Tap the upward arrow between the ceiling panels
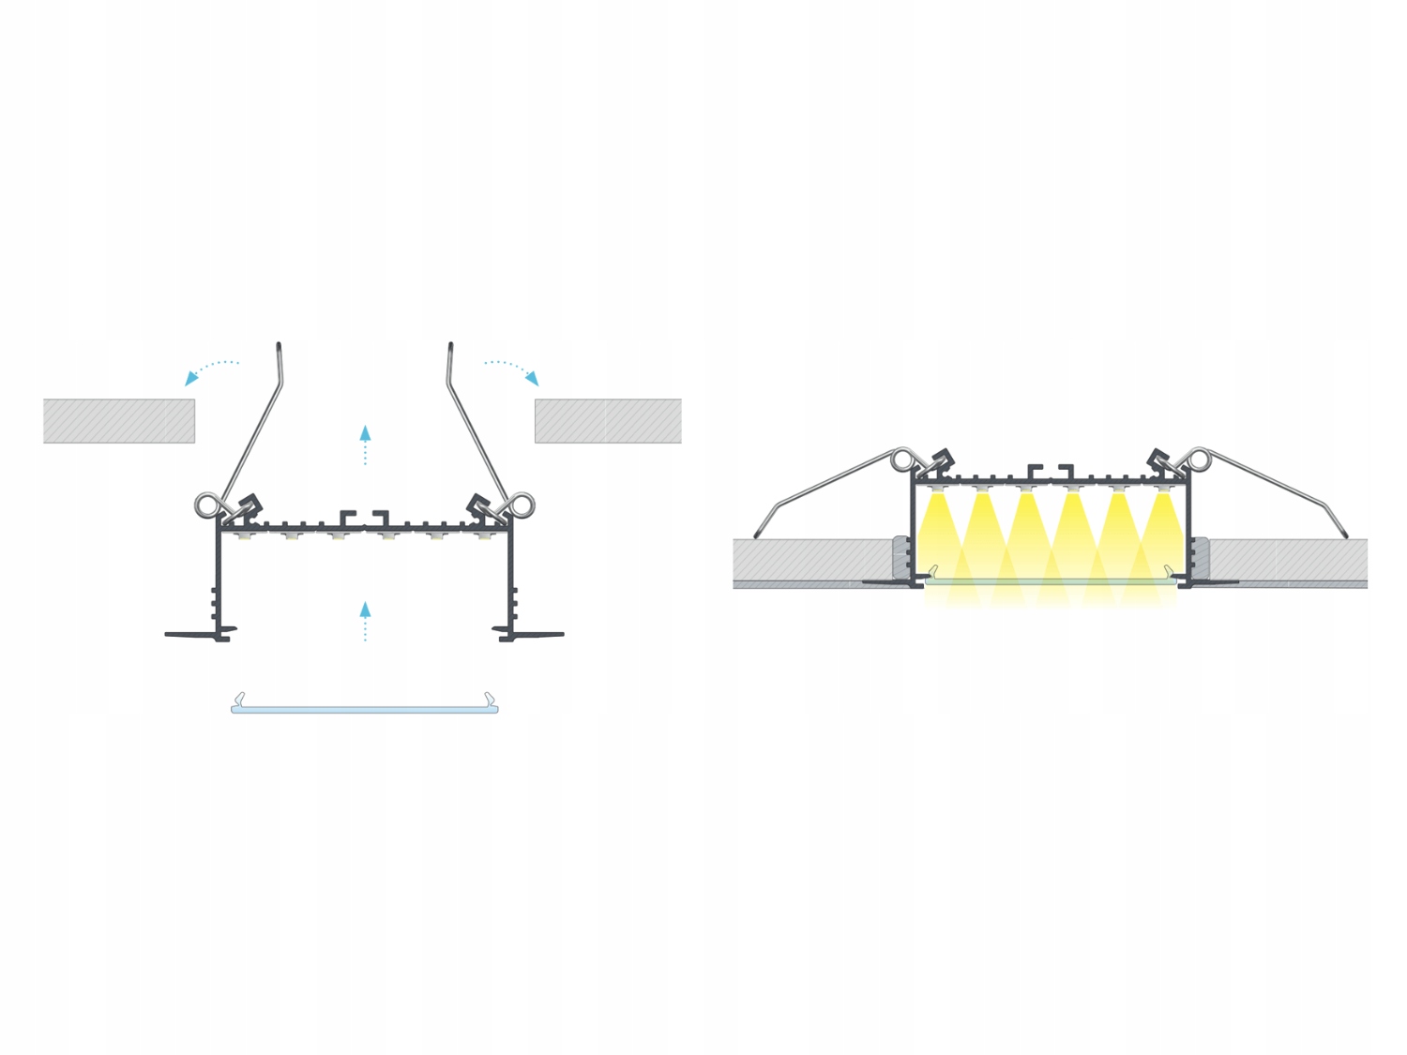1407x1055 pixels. coord(365,445)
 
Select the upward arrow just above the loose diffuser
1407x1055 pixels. coord(365,621)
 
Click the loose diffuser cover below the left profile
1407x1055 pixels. coord(365,708)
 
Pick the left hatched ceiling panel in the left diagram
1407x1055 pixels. coord(119,421)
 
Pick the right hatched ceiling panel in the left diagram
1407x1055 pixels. coord(608,421)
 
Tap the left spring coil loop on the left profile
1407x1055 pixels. coord(206,505)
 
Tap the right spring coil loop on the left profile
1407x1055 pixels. coord(522,505)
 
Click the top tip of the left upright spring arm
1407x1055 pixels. coord(279,346)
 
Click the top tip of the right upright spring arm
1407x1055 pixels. coord(451,346)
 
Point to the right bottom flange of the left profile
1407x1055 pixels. coord(533,635)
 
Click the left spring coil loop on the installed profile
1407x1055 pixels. coord(902,460)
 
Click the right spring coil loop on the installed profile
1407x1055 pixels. coord(1198,460)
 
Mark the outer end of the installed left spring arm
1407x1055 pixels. coord(758,535)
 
